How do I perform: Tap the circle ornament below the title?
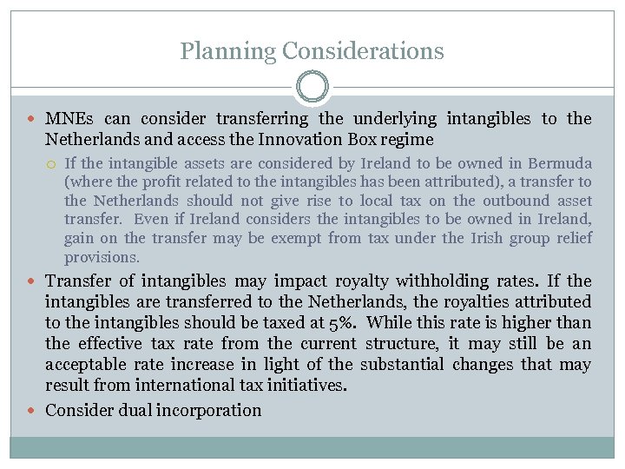(312, 87)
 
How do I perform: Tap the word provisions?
(102, 257)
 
